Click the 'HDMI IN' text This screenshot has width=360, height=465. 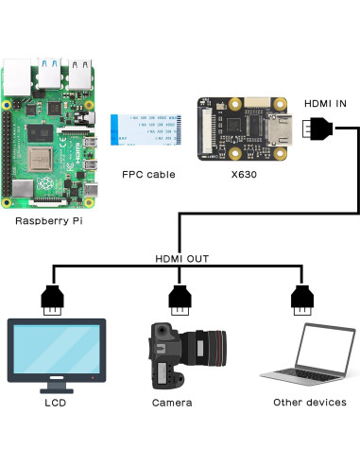326,103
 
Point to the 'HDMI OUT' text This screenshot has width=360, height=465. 181,258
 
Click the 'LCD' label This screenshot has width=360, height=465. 55,403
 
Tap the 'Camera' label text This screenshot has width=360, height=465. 172,403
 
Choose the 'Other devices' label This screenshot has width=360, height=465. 309,403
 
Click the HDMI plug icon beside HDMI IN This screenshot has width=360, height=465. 318,128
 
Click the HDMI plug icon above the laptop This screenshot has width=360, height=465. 300,299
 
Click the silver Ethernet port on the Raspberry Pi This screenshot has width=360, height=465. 19,75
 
